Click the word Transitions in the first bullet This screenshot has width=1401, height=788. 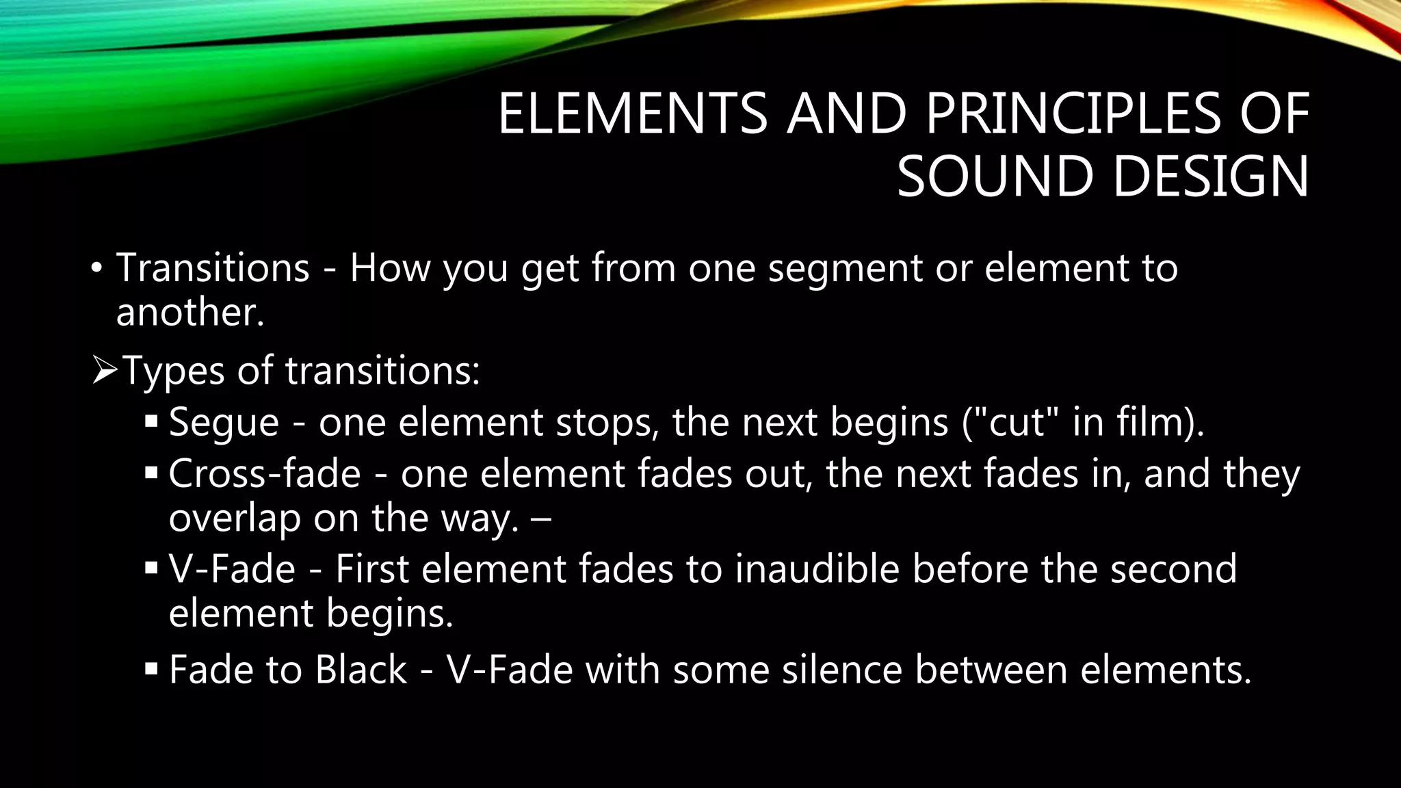click(x=213, y=267)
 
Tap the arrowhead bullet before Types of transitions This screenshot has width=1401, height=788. click(x=105, y=371)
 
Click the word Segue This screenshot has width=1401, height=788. click(x=224, y=422)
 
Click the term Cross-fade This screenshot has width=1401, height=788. click(x=264, y=473)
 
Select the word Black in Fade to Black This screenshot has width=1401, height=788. click(x=361, y=669)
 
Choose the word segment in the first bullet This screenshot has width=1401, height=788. click(x=846, y=267)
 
